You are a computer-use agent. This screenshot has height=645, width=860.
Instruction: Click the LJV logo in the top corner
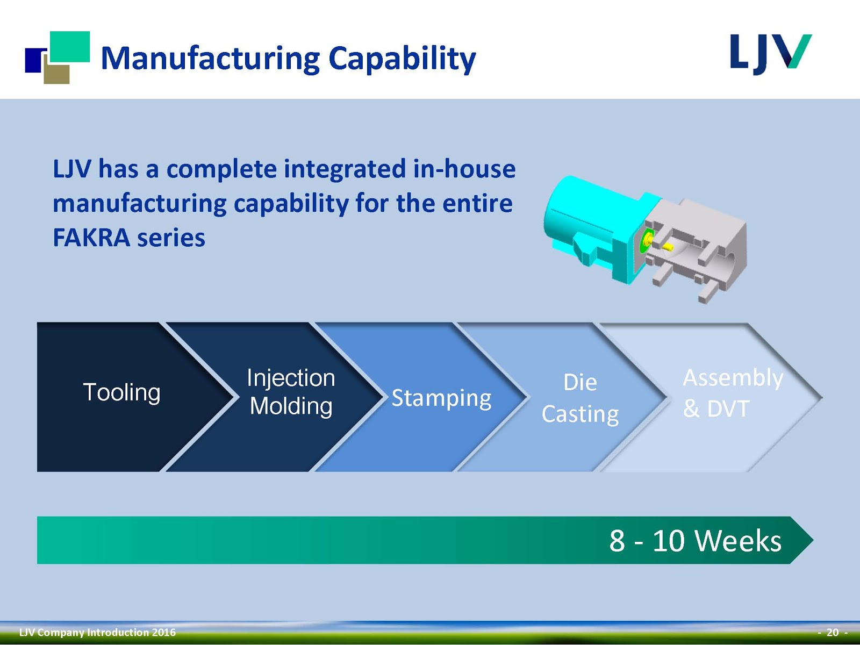[770, 54]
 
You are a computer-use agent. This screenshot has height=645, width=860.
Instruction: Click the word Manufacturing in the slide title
[210, 58]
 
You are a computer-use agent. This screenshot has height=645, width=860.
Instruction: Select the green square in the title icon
[70, 46]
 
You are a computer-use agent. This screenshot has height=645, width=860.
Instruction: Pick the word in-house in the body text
[464, 169]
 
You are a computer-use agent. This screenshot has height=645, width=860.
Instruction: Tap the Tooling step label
[121, 392]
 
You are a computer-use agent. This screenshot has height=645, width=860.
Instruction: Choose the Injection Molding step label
[291, 392]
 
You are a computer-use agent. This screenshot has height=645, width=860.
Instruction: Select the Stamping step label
[441, 398]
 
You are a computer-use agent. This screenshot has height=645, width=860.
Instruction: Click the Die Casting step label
[580, 398]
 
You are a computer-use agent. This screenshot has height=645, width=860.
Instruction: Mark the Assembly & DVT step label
[733, 393]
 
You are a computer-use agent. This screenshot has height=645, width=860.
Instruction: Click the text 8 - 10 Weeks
[695, 541]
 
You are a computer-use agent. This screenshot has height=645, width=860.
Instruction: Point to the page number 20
[833, 632]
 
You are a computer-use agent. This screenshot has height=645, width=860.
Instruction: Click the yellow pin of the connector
[668, 247]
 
